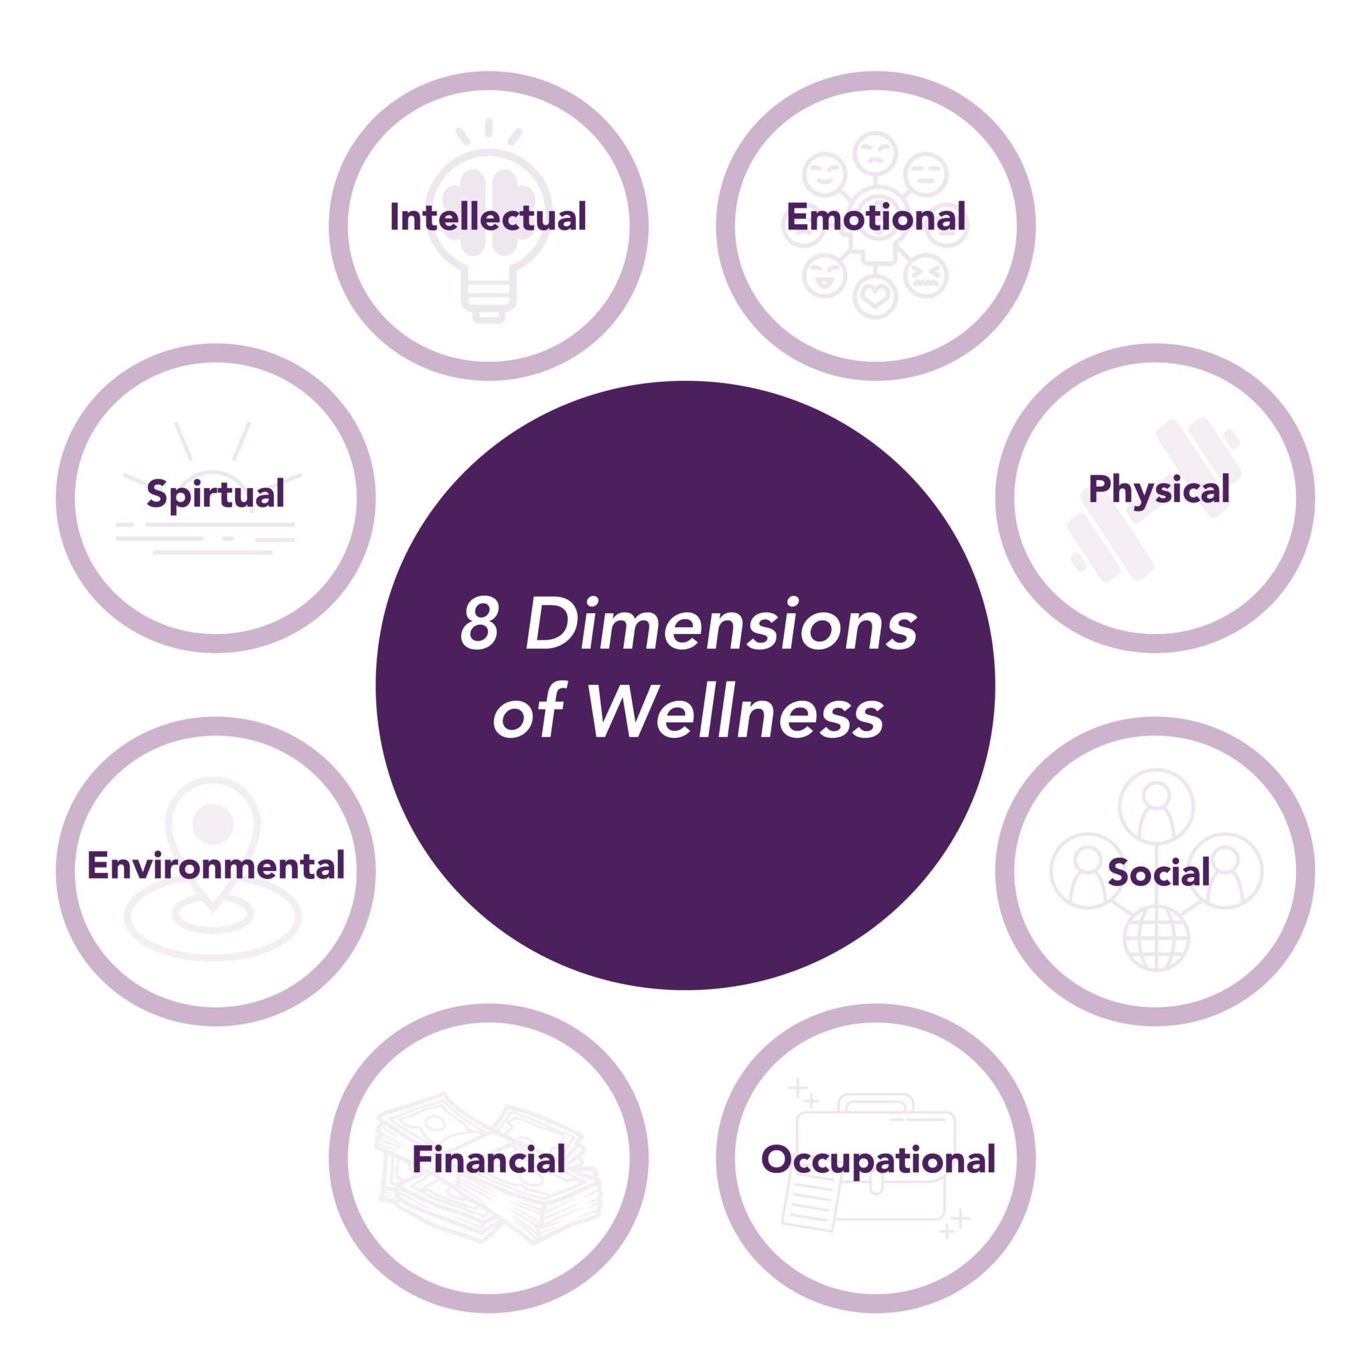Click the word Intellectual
(x=488, y=217)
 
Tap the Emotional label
(x=876, y=217)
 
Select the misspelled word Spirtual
(x=215, y=493)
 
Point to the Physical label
(x=1159, y=489)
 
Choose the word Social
(x=1159, y=872)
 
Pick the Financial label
(x=488, y=1159)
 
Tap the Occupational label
(x=878, y=1159)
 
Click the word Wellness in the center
(x=735, y=712)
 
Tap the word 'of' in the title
(x=528, y=712)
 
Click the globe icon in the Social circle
(x=1156, y=937)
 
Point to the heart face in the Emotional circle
(x=875, y=296)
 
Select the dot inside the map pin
(x=213, y=824)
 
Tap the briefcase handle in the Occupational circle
(x=876, y=1103)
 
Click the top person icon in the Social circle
(x=1156, y=807)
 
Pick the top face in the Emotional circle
(x=875, y=153)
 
